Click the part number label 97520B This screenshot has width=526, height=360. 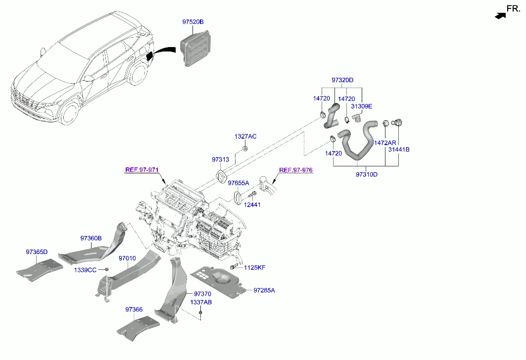[x=193, y=22]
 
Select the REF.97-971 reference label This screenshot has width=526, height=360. [x=142, y=170]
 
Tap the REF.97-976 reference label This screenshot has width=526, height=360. [x=296, y=170]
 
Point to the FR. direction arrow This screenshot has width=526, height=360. [x=501, y=15]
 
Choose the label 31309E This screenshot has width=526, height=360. [x=361, y=106]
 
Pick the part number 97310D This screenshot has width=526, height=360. [x=367, y=174]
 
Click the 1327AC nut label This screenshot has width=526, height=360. [x=245, y=136]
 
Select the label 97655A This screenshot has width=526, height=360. [x=239, y=183]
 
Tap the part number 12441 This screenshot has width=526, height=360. [x=252, y=205]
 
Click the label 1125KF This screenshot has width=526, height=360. [x=254, y=267]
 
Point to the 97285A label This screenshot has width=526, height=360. [x=264, y=290]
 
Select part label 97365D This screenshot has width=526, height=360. [x=37, y=252]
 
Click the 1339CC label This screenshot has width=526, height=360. [x=85, y=270]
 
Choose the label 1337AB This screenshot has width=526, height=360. [x=201, y=302]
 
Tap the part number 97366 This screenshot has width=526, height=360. [x=134, y=309]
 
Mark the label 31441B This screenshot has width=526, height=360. [x=398, y=149]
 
